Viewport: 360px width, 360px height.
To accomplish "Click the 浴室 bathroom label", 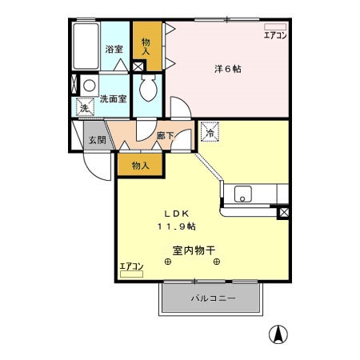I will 114,50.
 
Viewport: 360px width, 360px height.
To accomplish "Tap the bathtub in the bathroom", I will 85,47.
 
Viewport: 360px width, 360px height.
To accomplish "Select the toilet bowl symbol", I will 147,90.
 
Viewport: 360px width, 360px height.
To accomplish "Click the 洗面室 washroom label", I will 113,99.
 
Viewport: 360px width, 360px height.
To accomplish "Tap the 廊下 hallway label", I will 166,136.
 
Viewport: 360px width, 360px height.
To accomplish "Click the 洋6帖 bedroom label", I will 228,69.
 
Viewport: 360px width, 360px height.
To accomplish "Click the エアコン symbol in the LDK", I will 130,270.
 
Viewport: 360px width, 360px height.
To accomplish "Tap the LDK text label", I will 176,214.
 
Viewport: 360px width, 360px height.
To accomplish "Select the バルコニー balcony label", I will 212,298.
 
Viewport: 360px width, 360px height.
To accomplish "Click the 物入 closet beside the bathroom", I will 146,46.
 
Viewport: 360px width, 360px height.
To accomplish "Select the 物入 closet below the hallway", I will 140,165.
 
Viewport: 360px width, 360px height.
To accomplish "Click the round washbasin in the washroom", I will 90,85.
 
